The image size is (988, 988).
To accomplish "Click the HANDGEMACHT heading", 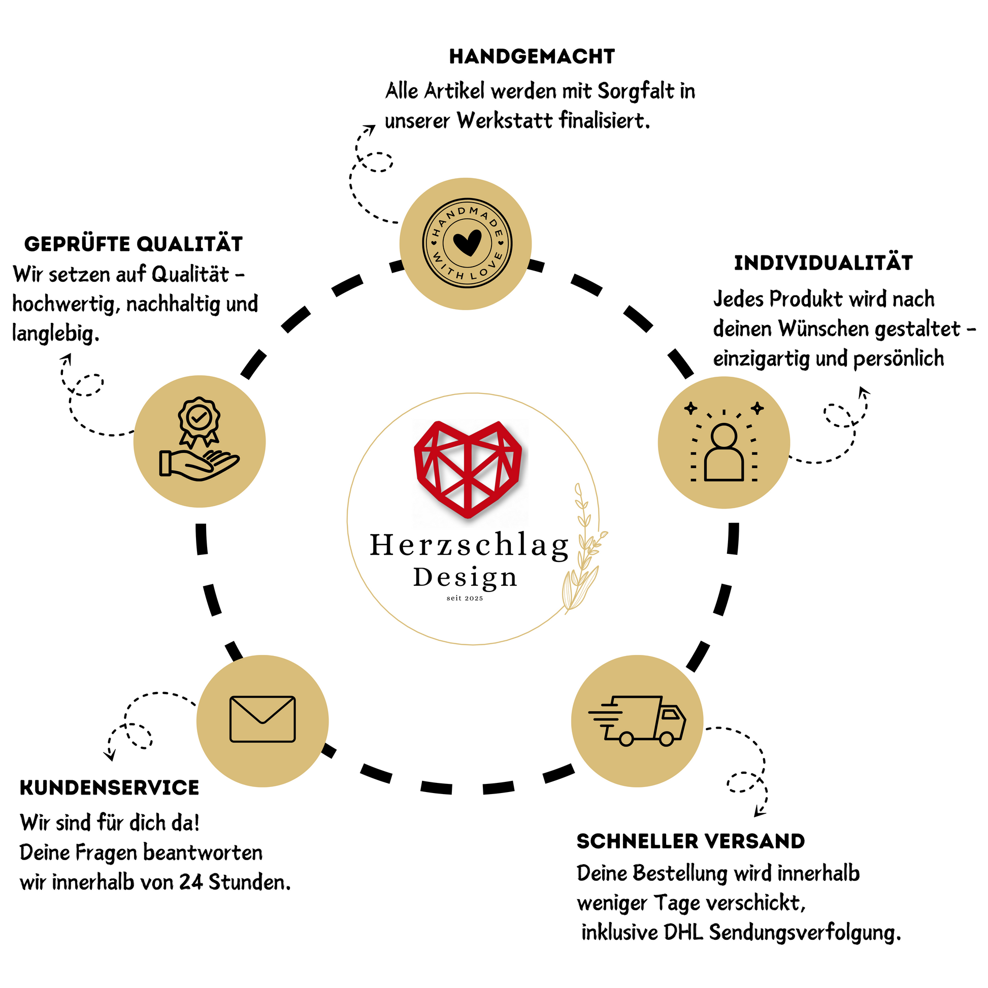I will pyautogui.click(x=532, y=57).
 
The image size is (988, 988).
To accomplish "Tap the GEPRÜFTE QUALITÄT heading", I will pyautogui.click(x=134, y=244).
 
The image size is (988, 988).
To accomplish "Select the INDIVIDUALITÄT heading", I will pyautogui.click(x=823, y=263).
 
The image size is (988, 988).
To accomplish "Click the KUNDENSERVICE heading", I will pyautogui.click(x=110, y=787).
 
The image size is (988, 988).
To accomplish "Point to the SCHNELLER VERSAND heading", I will pyautogui.click(x=690, y=841).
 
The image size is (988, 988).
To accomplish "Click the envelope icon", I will pyautogui.click(x=262, y=718).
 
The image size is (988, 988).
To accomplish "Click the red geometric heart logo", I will pyautogui.click(x=468, y=468).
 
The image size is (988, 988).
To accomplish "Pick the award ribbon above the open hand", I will pyautogui.click(x=199, y=420).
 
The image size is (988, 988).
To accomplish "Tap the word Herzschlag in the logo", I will pyautogui.click(x=469, y=546).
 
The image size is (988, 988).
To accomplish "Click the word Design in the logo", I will pyautogui.click(x=465, y=578).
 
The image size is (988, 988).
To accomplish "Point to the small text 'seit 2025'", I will pyautogui.click(x=465, y=598).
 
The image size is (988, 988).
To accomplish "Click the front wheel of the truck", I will pyautogui.click(x=666, y=738).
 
